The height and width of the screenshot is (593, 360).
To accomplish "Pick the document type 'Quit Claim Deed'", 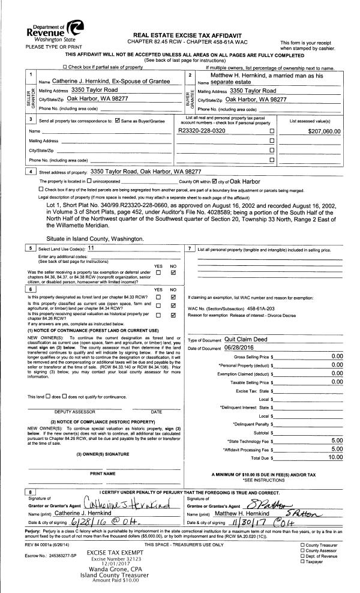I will tap(250, 339).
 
